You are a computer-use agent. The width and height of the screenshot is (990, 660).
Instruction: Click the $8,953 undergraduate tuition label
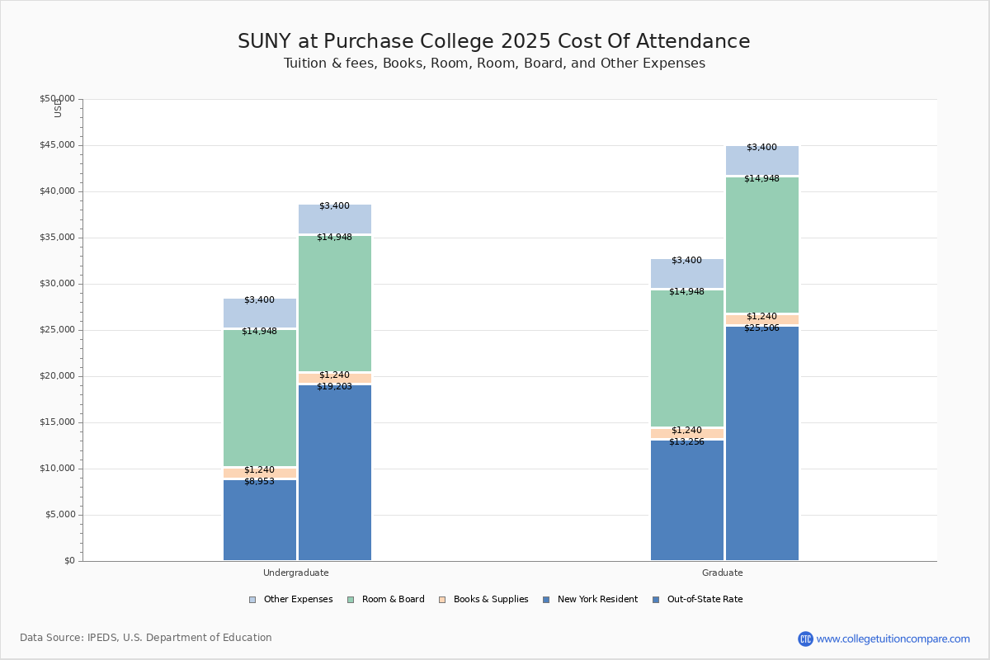pyautogui.click(x=259, y=481)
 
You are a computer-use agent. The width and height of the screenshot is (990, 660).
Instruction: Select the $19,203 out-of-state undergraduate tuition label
pyautogui.click(x=334, y=386)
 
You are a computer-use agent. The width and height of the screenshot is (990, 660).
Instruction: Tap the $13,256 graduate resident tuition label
pyautogui.click(x=686, y=441)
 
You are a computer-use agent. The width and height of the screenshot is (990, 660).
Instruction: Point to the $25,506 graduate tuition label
pyautogui.click(x=761, y=328)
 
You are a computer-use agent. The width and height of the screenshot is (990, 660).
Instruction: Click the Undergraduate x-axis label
pyautogui.click(x=295, y=573)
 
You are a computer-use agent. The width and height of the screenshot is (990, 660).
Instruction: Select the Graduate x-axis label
pyautogui.click(x=723, y=573)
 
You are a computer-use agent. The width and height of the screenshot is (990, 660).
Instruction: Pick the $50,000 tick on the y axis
pyautogui.click(x=57, y=99)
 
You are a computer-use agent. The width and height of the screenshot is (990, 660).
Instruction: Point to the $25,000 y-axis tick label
pyautogui.click(x=57, y=330)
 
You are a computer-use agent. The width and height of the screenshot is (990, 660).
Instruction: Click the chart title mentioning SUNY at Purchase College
pyautogui.click(x=494, y=41)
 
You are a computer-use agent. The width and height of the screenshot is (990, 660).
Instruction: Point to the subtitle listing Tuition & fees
pyautogui.click(x=494, y=64)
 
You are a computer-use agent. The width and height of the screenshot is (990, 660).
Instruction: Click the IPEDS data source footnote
pyautogui.click(x=146, y=638)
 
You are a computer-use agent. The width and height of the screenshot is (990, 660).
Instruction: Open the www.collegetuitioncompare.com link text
pyautogui.click(x=893, y=639)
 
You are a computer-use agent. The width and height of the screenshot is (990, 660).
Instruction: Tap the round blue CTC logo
pyautogui.click(x=805, y=639)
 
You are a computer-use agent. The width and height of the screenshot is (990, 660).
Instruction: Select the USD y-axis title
pyautogui.click(x=58, y=108)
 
